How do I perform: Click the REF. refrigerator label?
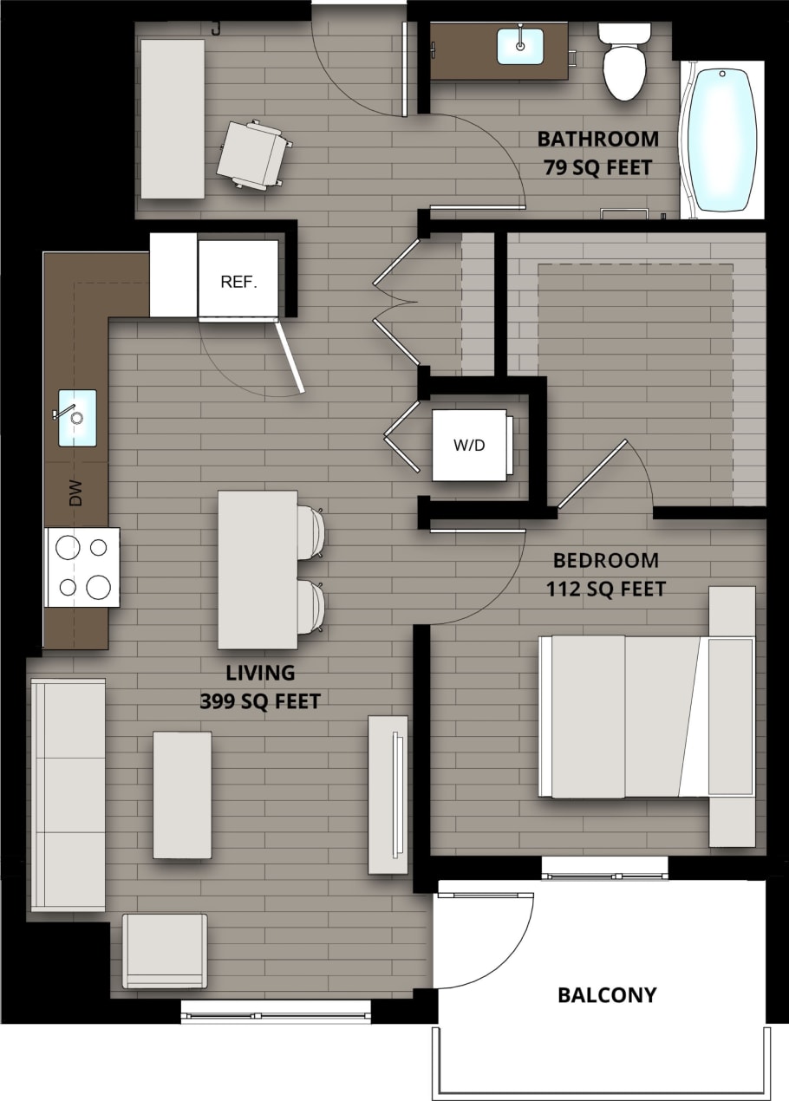pyautogui.click(x=238, y=282)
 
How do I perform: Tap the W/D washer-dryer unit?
pyautogui.click(x=469, y=445)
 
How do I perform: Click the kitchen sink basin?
pyautogui.click(x=77, y=418)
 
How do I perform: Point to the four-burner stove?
pyautogui.click(x=82, y=567)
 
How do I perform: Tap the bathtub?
pyautogui.click(x=721, y=139)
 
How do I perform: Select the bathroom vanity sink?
pyautogui.click(x=520, y=46)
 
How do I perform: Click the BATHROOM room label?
pyautogui.click(x=597, y=139)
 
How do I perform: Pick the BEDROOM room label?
pyautogui.click(x=605, y=560)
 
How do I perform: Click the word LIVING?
pyautogui.click(x=260, y=672)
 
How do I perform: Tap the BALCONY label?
pyautogui.click(x=607, y=994)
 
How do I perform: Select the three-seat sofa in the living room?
pyautogui.click(x=68, y=794)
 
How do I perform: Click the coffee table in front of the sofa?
pyautogui.click(x=182, y=794)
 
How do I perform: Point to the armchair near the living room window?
pyautogui.click(x=165, y=950)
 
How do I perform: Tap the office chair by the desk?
pyautogui.click(x=252, y=154)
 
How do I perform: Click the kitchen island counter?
pyautogui.click(x=258, y=569)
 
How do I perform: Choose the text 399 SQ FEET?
pyautogui.click(x=260, y=700)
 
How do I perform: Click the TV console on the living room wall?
pyautogui.click(x=388, y=794)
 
